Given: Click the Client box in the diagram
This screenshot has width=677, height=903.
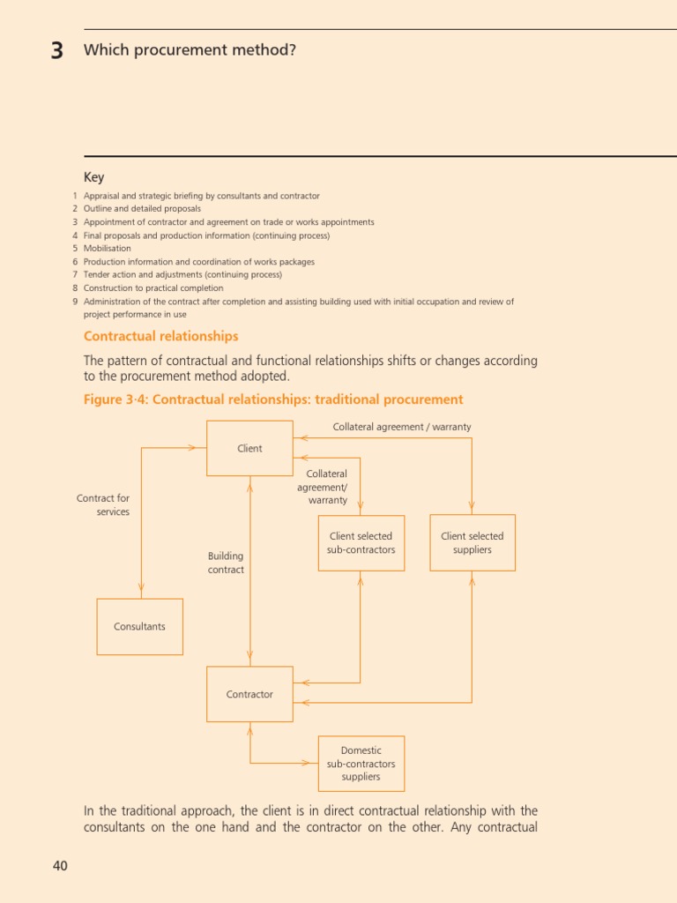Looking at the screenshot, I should coord(249,448).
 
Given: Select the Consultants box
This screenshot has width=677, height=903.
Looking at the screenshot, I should coord(139,626).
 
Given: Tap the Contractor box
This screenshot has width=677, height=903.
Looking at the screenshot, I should coord(249,694).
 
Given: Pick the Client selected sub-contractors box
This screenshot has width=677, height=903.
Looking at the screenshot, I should coord(361,542).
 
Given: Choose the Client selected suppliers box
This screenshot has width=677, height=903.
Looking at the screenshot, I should coord(472,542).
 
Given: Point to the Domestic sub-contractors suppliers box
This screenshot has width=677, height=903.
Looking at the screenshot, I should coord(361,764).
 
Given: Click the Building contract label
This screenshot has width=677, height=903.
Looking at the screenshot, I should coord(226,563).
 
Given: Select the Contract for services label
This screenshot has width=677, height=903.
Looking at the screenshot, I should coord(103,504).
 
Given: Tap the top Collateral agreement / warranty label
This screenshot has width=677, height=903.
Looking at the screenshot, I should coord(402,427).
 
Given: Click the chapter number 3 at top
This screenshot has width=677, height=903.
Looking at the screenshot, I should coord(57,51).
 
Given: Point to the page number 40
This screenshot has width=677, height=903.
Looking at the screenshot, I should coord(60,866).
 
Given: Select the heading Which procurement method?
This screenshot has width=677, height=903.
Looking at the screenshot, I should coord(190,50).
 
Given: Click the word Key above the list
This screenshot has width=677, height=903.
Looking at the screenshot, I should coord(93,177).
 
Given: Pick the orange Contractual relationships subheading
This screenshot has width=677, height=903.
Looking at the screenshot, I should coord(160,336).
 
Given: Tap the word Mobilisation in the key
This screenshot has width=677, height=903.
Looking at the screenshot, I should coord(108,249).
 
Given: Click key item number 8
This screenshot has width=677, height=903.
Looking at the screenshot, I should coord(76,288).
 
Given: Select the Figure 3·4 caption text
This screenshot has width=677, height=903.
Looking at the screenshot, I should coord(273,399).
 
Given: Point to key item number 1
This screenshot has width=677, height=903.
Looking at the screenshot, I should coord(76,196).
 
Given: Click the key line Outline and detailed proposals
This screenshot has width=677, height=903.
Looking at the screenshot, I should coord(142,209).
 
